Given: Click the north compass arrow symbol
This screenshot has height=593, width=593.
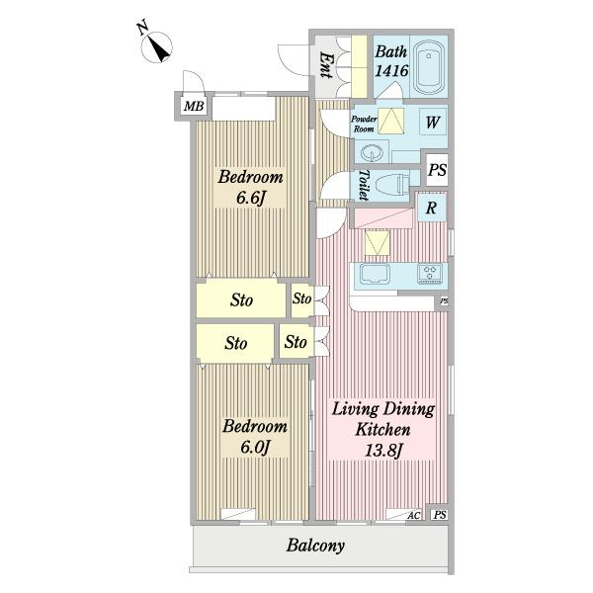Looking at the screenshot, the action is tap(156, 47).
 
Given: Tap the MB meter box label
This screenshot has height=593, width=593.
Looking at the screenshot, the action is tap(194, 107).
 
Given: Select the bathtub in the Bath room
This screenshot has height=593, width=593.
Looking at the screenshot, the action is tap(429, 67).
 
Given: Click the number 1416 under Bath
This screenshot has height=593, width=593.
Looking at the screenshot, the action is tap(391, 71).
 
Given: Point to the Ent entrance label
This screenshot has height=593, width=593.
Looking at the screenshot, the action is tap(325, 64).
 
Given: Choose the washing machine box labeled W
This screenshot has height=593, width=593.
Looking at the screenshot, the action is tap(433, 123).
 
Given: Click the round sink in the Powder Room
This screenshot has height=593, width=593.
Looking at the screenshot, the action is tap(372, 153).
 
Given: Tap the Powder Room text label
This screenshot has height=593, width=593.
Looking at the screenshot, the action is tap(364, 124).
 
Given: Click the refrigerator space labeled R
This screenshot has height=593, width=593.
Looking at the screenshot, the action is tap(432, 208).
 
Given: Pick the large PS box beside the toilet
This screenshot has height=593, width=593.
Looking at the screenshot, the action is tap(437, 170).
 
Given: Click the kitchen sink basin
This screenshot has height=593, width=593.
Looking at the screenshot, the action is tap(375, 274).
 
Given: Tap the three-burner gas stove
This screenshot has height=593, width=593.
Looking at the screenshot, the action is tap(430, 274).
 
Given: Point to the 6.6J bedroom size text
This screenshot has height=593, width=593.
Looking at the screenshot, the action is tap(250, 198).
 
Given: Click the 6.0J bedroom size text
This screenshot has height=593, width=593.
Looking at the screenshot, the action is tap(255, 448).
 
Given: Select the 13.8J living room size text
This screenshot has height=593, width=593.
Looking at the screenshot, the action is tap(382, 451).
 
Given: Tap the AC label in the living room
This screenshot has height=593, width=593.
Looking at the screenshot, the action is tap(414, 515).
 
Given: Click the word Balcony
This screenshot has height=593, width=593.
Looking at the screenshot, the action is tap(315, 546).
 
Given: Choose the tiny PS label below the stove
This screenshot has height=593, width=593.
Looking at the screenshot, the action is tap(444, 301).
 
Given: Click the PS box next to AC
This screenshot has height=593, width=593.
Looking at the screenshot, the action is tap(440, 515).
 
